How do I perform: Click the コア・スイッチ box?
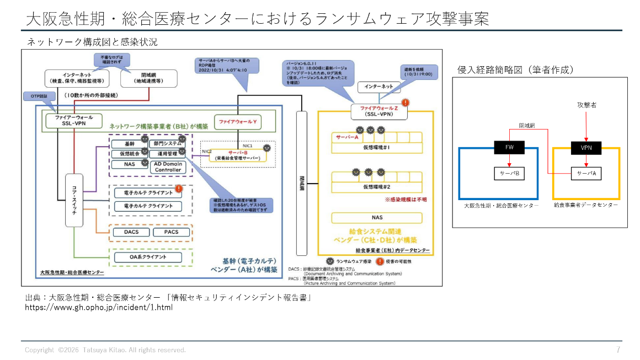point(74,200)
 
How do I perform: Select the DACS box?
point(131,232)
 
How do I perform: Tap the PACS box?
point(171,232)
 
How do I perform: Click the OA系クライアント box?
point(148,257)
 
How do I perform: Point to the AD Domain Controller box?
point(168,166)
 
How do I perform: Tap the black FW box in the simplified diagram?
point(509,147)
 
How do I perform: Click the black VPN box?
point(586,147)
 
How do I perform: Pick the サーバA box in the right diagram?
point(586,173)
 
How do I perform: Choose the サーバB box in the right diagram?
point(509,173)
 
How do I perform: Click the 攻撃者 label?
point(586,105)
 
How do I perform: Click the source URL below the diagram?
point(99,307)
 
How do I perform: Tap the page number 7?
point(618,350)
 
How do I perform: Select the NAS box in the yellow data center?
point(377,218)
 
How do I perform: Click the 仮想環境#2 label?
point(377,187)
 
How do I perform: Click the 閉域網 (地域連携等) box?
point(148,78)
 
